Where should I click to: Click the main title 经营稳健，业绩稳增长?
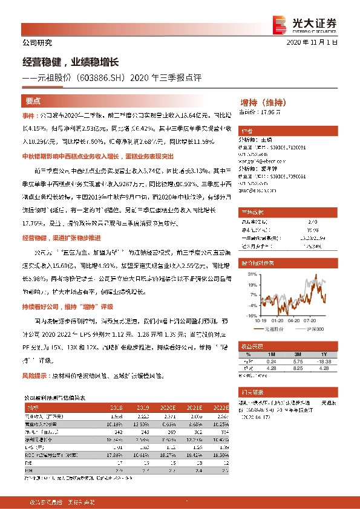click(68, 62)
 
